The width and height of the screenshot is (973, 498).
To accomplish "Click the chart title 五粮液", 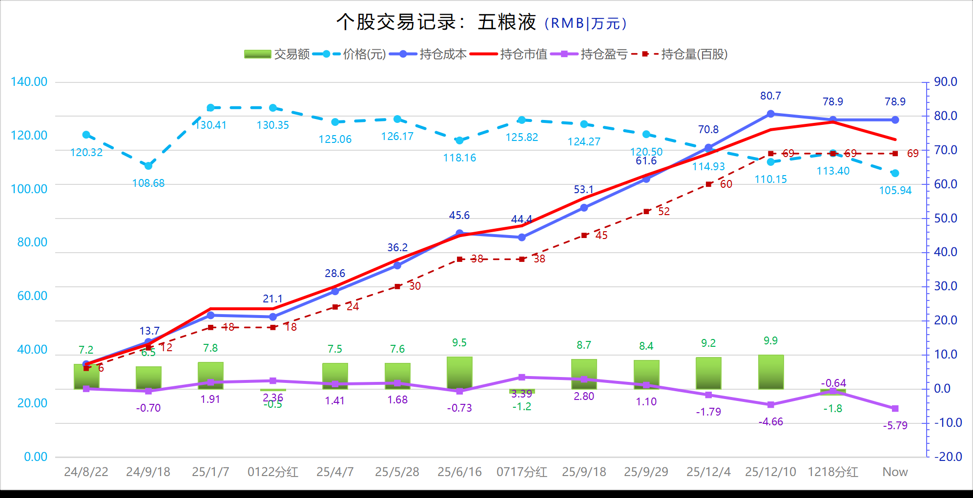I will (x=506, y=22).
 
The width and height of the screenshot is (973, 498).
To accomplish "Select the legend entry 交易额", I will (x=277, y=54).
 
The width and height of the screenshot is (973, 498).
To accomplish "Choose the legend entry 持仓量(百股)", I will (x=679, y=54).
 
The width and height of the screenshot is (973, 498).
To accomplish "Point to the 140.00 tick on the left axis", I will (x=29, y=82).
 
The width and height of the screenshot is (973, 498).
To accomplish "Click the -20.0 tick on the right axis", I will (x=948, y=457).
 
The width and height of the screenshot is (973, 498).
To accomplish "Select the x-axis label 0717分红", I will (x=521, y=472).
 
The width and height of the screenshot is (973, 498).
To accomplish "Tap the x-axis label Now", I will (x=895, y=472).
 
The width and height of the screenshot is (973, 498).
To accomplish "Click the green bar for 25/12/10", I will (x=771, y=372).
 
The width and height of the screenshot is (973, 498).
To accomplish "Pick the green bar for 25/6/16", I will (x=459, y=373).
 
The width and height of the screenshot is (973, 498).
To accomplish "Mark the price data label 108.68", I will (x=148, y=183).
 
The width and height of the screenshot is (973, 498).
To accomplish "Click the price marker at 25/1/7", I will (x=210, y=108).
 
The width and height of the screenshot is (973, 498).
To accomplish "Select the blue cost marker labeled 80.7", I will (x=771, y=114).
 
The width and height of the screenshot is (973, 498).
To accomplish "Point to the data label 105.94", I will (x=895, y=191).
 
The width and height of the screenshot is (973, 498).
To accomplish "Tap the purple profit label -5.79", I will (x=895, y=426).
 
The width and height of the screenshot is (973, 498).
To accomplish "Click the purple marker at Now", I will (x=895, y=409).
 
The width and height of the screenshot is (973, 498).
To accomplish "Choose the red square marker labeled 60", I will (x=708, y=184).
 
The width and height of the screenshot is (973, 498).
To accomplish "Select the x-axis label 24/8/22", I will (x=86, y=472).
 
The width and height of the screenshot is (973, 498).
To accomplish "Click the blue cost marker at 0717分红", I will (x=522, y=238).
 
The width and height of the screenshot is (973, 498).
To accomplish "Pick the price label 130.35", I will (x=273, y=125).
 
